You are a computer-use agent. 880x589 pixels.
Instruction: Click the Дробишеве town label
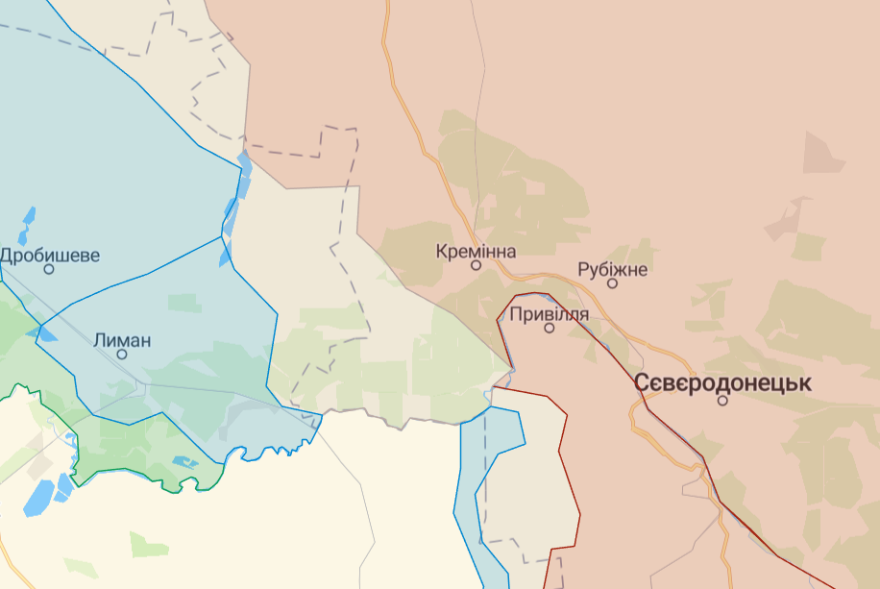50,256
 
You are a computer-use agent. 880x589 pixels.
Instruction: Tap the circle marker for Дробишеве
49,269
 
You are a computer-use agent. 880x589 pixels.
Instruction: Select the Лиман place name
123,339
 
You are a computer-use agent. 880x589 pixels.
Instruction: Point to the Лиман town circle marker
122,354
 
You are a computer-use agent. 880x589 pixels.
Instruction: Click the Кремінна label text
476,252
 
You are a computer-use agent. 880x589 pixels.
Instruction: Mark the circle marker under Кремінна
476,265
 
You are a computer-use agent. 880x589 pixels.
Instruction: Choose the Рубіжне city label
613,269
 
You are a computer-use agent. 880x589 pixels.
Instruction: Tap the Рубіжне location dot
613,282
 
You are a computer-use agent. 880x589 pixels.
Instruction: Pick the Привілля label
550,313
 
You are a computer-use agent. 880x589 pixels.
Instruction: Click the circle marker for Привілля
550,328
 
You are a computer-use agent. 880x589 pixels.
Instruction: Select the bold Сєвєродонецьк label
722,382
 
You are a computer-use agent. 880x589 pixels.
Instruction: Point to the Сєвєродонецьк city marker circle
722,400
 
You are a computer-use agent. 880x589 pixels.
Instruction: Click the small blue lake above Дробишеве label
27,216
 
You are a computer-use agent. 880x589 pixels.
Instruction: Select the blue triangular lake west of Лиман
44,334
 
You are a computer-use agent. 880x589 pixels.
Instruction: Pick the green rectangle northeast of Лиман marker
184,304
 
